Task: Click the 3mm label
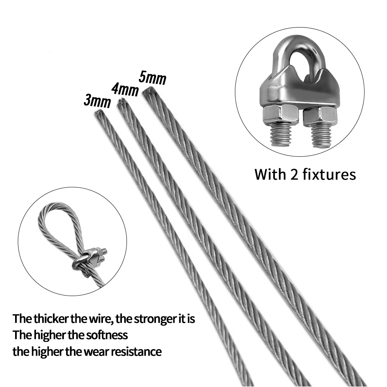(x=97, y=101)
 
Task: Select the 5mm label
(x=152, y=77)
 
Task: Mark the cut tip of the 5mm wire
(x=147, y=91)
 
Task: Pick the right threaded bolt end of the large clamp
(x=321, y=135)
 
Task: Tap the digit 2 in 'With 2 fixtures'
(x=294, y=175)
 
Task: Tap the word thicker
(x=51, y=319)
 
